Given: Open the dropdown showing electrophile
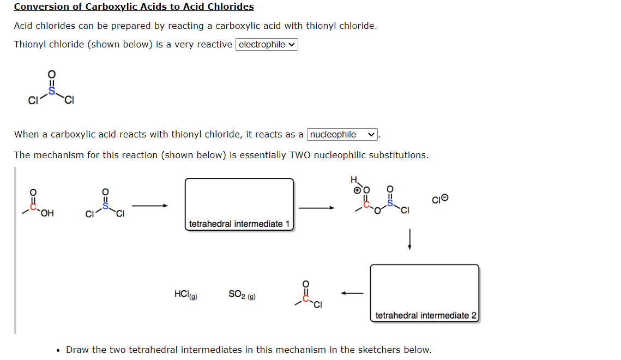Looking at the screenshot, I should tap(267, 45).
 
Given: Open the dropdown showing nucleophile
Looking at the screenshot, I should tap(342, 135).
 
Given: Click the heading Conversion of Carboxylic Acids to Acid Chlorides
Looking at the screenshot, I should tap(134, 7).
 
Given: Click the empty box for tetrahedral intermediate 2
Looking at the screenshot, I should tap(424, 286).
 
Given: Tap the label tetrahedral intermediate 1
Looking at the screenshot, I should tap(239, 224).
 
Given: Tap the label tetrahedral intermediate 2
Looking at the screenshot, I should tap(426, 315).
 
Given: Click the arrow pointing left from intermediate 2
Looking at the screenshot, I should tap(352, 294).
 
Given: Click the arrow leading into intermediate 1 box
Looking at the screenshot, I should tap(149, 206).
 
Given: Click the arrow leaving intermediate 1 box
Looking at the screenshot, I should tap(316, 207).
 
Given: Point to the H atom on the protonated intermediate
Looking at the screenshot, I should tap(353, 179).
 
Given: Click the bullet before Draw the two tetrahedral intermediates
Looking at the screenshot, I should tap(58, 350).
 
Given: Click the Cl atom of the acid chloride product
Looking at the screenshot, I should tap(317, 304).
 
